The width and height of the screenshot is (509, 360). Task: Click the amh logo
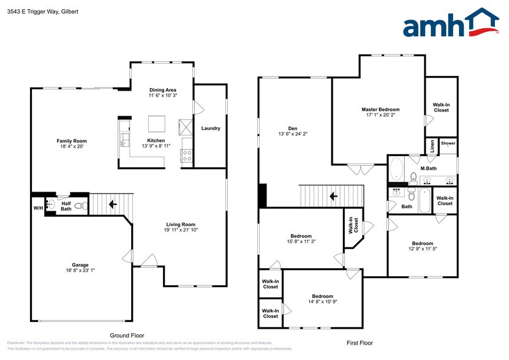tap(450, 26)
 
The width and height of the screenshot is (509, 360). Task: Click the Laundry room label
tap(210, 128)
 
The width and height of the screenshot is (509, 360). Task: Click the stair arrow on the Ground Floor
tap(113, 204)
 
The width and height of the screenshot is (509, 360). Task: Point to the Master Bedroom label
tap(380, 109)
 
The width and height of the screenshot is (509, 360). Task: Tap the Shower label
tap(448, 144)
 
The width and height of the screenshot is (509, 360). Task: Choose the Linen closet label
tap(432, 146)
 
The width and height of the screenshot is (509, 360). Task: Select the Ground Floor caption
tap(127, 336)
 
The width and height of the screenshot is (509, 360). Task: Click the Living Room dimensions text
tap(180, 230)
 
